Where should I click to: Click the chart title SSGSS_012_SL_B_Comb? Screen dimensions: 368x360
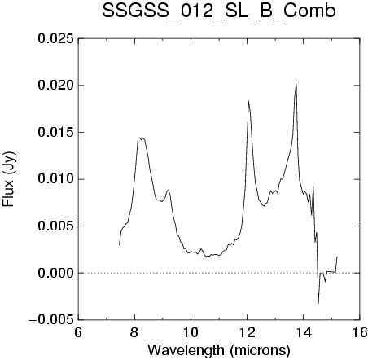pyautogui.click(x=219, y=11)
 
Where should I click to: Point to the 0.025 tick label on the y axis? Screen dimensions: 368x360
pyautogui.click(x=55, y=39)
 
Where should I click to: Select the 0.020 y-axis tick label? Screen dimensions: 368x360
pyautogui.click(x=55, y=86)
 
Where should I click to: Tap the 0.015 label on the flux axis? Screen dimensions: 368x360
pyautogui.click(x=55, y=133)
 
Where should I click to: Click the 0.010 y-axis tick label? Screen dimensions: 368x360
pyautogui.click(x=55, y=179)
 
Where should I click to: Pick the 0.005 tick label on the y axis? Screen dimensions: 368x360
pyautogui.click(x=55, y=226)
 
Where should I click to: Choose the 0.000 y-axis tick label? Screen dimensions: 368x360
pyautogui.click(x=55, y=273)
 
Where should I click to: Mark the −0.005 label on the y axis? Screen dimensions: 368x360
pyautogui.click(x=51, y=320)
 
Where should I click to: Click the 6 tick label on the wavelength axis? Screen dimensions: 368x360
pyautogui.click(x=78, y=332)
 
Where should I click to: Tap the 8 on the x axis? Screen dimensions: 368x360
pyautogui.click(x=134, y=332)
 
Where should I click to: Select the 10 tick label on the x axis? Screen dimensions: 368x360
pyautogui.click(x=191, y=332)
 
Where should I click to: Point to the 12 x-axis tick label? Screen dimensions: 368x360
pyautogui.click(x=248, y=332)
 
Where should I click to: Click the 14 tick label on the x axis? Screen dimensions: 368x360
pyautogui.click(x=304, y=332)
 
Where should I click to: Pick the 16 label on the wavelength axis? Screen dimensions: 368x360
pyautogui.click(x=359, y=332)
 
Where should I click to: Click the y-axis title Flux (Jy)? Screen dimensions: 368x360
pyautogui.click(x=9, y=179)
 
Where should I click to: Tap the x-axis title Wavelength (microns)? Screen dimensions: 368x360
pyautogui.click(x=219, y=350)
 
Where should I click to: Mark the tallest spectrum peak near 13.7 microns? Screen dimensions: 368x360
pyautogui.click(x=296, y=84)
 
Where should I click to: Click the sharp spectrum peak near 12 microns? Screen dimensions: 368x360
pyautogui.click(x=248, y=101)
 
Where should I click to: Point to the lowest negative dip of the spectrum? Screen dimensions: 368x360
pyautogui.click(x=318, y=303)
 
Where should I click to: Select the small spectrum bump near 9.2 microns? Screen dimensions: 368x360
pyautogui.click(x=169, y=190)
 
